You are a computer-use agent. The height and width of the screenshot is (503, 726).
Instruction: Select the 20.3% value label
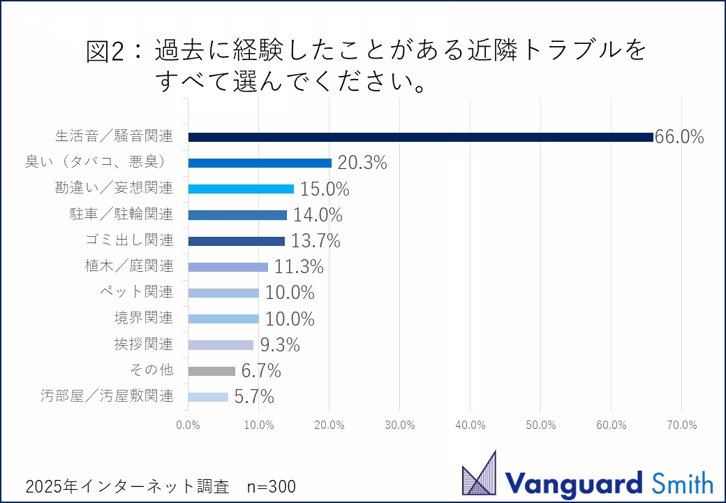point(362,163)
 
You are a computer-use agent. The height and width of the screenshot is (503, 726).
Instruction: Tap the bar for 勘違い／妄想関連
point(241,189)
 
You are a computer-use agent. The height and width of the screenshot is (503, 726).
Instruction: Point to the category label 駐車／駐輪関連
point(121,214)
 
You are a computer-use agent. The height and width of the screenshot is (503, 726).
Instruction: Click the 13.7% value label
point(316,241)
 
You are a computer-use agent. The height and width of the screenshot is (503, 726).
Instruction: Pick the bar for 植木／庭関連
point(228,267)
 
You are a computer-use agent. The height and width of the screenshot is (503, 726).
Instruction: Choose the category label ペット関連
point(136,292)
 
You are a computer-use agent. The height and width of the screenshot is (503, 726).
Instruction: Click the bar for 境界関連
point(223,319)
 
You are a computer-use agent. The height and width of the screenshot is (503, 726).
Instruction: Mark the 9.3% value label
point(279,344)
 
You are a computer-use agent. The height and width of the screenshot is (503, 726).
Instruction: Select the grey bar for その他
point(212,371)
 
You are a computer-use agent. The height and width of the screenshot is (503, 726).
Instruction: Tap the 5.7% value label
point(254,397)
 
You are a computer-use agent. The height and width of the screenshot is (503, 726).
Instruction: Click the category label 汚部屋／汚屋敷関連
point(106,396)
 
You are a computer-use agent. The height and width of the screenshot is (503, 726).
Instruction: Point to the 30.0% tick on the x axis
point(399,425)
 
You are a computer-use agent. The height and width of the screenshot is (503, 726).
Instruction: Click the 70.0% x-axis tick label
point(681,425)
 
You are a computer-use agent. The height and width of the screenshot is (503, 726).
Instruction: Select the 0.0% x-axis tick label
point(188,425)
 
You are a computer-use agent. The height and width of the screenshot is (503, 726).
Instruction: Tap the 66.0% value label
point(679,137)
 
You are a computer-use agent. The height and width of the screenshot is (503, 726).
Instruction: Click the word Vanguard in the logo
point(572,483)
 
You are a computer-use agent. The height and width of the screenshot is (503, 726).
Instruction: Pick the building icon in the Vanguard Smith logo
point(480,474)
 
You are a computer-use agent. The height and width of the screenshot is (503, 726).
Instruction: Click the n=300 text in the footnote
point(272,486)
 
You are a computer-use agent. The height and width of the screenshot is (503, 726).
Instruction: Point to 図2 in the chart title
point(106,52)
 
